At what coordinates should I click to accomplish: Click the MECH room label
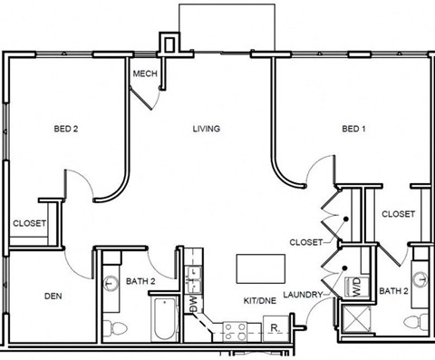145,74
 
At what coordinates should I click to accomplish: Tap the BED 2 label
65,129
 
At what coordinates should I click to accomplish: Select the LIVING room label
206,129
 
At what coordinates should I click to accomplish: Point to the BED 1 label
354,129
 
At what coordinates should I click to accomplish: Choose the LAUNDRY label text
303,295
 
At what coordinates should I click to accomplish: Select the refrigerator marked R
273,328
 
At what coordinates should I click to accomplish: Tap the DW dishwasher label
193,302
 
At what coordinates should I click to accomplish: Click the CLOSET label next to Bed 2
29,223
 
